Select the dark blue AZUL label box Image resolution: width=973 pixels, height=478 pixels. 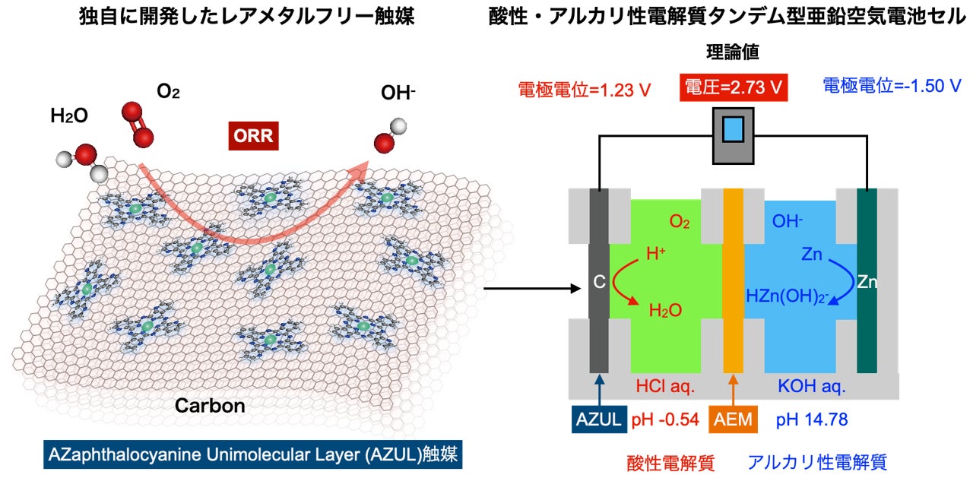point(599,419)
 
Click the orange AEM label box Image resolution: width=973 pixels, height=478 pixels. point(734,419)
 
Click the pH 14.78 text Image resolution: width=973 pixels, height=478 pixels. point(811,419)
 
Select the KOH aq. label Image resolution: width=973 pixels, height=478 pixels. point(810,386)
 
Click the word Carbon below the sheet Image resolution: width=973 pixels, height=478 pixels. point(210,405)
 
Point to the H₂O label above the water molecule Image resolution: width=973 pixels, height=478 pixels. point(69,116)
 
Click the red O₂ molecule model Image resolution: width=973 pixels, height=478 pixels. point(137,124)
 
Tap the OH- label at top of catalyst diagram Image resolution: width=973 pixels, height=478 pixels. point(398,93)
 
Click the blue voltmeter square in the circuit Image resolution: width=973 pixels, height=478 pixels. point(733,129)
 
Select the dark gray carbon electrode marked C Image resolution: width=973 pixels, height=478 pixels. point(599,281)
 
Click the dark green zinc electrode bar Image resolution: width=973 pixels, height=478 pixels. point(867,281)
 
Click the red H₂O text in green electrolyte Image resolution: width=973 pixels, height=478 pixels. point(665,310)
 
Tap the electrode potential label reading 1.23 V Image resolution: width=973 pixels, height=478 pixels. point(585,89)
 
